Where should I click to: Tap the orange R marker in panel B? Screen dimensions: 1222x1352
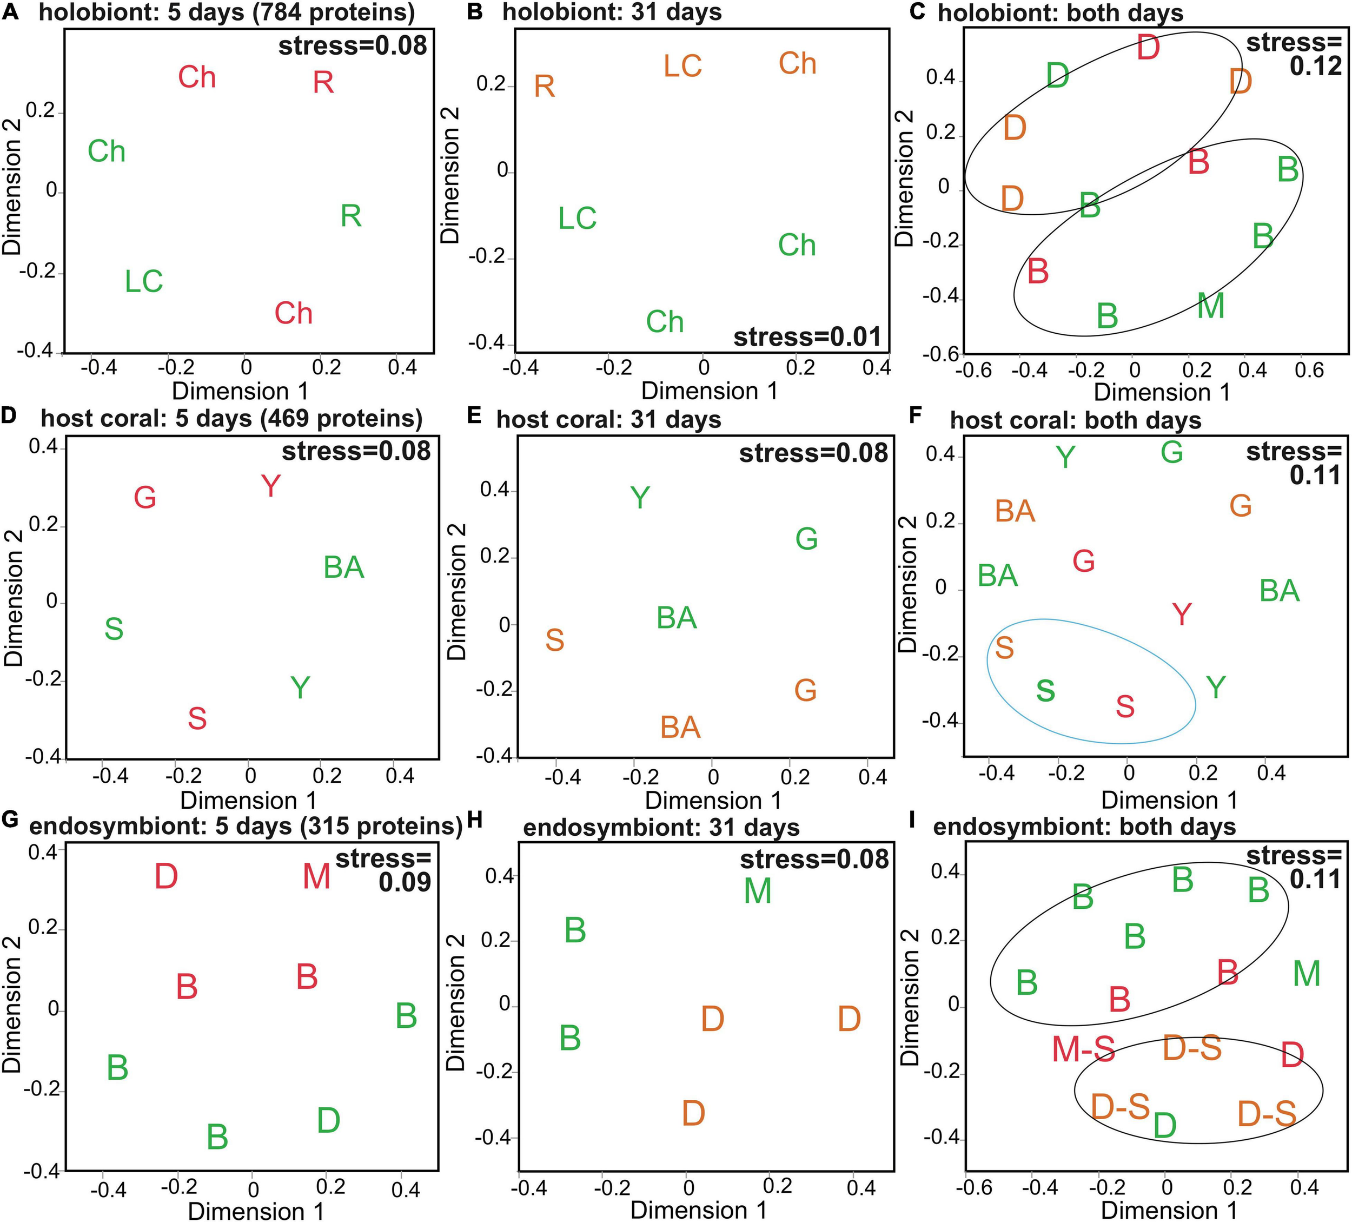[545, 87]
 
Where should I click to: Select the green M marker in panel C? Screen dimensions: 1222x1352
[1211, 307]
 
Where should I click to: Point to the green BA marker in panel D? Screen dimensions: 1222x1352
[344, 568]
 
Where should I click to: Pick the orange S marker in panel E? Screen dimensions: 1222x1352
[555, 640]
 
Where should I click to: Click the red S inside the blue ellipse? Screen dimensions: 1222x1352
[1125, 707]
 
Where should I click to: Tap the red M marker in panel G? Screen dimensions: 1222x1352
[316, 877]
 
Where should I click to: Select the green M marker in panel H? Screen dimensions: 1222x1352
[758, 891]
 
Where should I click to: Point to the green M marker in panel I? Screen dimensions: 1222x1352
[1307, 974]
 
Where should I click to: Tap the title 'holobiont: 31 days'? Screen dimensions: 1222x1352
[612, 13]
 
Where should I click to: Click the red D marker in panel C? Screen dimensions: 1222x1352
[1149, 48]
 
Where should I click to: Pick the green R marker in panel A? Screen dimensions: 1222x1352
[352, 216]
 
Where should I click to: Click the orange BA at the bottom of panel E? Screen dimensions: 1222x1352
[681, 728]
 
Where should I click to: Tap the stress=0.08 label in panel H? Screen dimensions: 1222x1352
[814, 859]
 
